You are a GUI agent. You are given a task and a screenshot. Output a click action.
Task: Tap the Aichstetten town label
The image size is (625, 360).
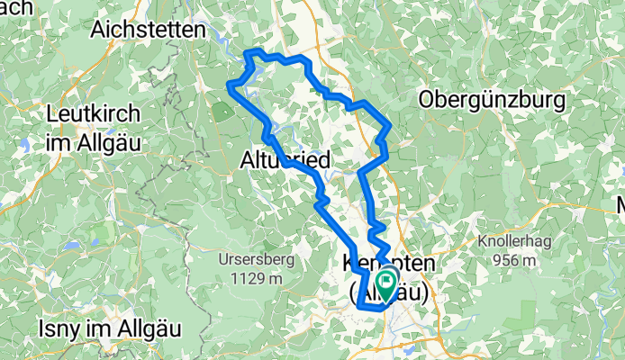coord(148,29)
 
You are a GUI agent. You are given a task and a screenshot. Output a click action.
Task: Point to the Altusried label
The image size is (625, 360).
coord(286,160)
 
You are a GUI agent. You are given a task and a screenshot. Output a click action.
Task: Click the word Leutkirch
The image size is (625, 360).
coord(93,114)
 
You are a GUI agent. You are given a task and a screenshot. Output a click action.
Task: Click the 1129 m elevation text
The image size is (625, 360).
coord(250,278)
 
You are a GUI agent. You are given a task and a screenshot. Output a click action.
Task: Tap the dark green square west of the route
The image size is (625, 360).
coord(221,112)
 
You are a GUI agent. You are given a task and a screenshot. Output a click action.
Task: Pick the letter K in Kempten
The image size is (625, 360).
coord(351,265)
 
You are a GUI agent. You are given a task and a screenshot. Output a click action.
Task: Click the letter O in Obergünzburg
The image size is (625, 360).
coord(426,100)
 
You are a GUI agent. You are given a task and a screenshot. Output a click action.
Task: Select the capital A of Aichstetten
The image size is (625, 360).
coord(97,29)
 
